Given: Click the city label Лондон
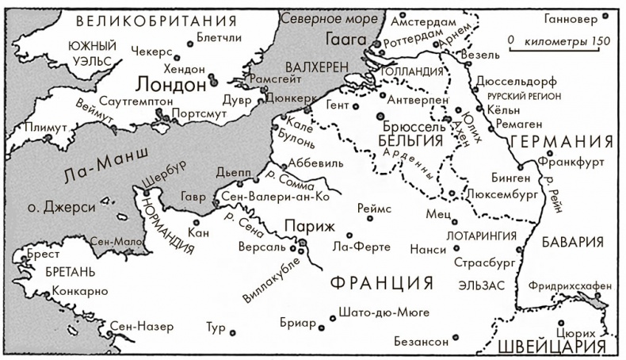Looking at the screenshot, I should coord(170,83).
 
